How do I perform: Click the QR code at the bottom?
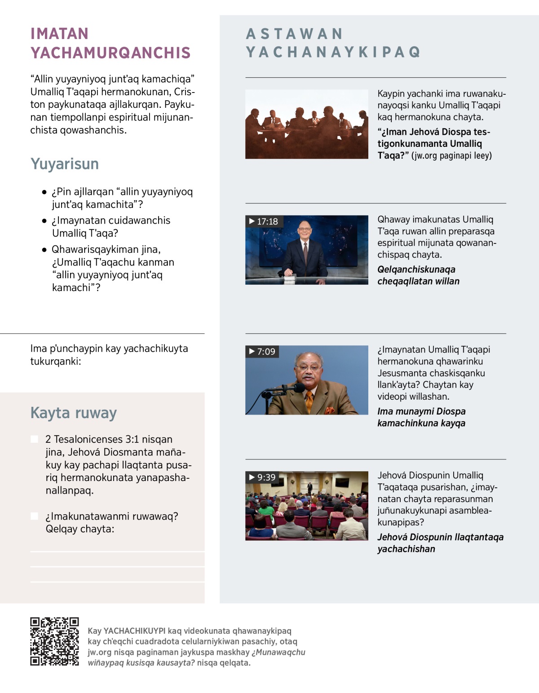click(54, 641)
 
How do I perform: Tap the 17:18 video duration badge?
click(263, 221)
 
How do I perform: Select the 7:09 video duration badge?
click(262, 352)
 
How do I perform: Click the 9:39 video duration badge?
click(262, 477)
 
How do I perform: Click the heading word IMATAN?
click(59, 34)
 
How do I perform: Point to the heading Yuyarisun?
click(64, 164)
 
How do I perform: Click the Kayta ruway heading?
click(73, 413)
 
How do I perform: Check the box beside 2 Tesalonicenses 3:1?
click(34, 439)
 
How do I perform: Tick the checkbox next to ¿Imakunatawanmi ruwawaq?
click(34, 516)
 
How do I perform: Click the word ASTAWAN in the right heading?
click(295, 34)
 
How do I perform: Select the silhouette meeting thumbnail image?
click(306, 124)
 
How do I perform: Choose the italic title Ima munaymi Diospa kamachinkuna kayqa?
click(421, 417)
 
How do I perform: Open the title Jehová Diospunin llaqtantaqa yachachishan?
click(440, 543)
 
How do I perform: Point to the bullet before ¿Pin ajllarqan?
click(44, 192)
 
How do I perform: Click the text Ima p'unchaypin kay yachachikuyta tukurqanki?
click(109, 355)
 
